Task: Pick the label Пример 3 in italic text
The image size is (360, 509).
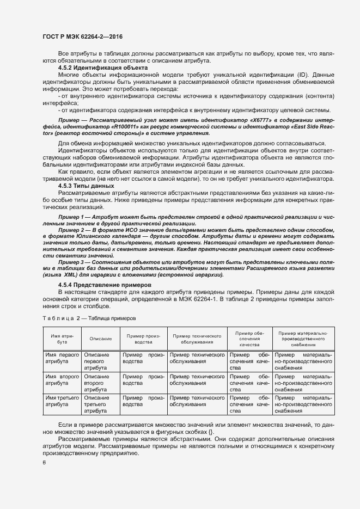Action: [75, 262]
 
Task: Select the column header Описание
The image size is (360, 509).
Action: [101, 339]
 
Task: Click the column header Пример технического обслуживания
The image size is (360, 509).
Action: [196, 339]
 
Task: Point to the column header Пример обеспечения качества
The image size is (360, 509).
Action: [251, 339]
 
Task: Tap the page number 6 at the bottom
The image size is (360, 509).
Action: [44, 463]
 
